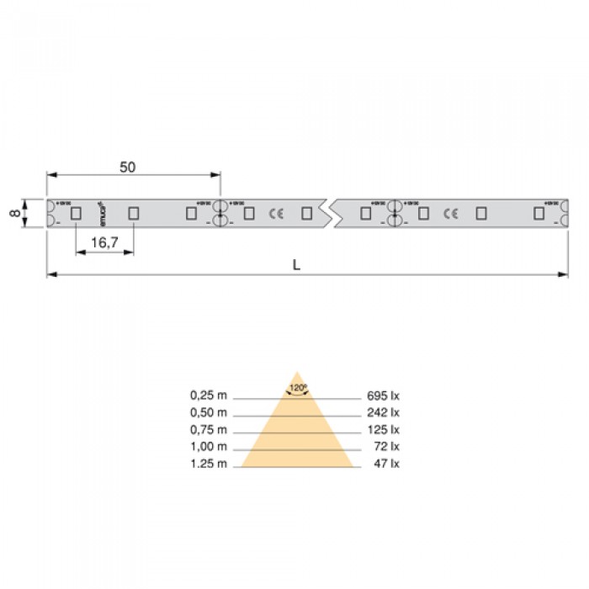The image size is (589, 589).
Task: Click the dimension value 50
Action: click(x=127, y=167)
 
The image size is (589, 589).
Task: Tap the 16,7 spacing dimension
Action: click(x=103, y=242)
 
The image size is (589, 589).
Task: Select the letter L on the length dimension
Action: click(x=296, y=264)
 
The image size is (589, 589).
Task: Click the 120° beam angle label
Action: click(x=296, y=389)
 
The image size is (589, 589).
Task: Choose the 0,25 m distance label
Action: click(x=208, y=395)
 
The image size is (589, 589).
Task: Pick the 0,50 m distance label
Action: click(x=208, y=412)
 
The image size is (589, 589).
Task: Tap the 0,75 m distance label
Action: click(x=208, y=429)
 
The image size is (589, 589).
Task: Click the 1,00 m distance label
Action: click(x=208, y=446)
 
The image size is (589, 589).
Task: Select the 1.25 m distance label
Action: click(x=208, y=463)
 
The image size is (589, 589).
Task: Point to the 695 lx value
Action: click(x=382, y=395)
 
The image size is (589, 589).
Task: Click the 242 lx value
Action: click(x=382, y=412)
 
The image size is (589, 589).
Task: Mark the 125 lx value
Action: click(x=382, y=429)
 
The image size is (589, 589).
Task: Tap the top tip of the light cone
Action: click(x=296, y=372)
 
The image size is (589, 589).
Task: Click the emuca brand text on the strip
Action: click(x=101, y=212)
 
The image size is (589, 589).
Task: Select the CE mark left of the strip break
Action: click(x=275, y=214)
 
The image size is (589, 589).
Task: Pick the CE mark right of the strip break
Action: click(x=450, y=214)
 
